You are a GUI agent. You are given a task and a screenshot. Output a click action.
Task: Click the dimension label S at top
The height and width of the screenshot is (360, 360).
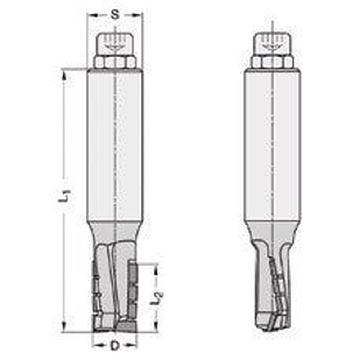[114, 15]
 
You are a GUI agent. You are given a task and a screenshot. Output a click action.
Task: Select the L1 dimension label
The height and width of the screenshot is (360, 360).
[64, 195]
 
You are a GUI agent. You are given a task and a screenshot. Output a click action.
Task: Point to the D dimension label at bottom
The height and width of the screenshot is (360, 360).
[114, 346]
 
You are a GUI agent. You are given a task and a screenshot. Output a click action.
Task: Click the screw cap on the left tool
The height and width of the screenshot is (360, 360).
[115, 44]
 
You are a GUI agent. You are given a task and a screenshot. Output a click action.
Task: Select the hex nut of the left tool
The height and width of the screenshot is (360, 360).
[115, 62]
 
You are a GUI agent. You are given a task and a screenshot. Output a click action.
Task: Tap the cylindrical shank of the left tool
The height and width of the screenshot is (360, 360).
[115, 144]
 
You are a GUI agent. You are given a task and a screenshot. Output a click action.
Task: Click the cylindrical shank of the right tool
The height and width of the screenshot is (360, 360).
[272, 144]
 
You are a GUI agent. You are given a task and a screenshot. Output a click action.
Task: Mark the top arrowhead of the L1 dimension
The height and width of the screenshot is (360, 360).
[64, 73]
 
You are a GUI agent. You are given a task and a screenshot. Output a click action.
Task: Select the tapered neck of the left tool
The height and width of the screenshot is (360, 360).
[115, 230]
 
